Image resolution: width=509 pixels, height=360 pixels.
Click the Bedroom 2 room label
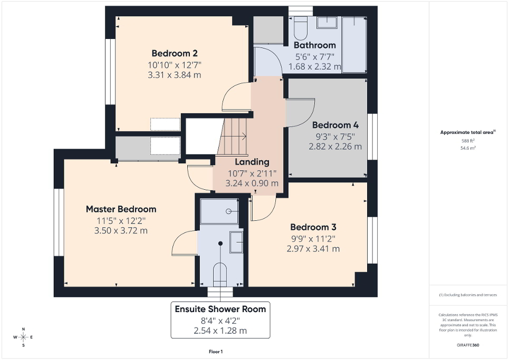pyautogui.click(x=175, y=53)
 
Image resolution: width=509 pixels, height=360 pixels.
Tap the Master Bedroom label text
pyautogui.click(x=121, y=209)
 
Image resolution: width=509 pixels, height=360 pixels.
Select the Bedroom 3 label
pyautogui.click(x=313, y=227)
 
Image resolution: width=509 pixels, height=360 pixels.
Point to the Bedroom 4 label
pyautogui.click(x=335, y=125)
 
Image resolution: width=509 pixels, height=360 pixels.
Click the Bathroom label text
pyautogui.click(x=314, y=45)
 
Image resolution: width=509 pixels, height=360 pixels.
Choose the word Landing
pyautogui.click(x=252, y=162)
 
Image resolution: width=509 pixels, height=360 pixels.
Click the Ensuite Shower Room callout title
pyautogui.click(x=220, y=309)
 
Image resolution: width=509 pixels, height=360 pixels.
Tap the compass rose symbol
pyautogui.click(x=23, y=337)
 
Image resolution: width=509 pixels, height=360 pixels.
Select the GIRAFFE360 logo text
pyautogui.click(x=468, y=345)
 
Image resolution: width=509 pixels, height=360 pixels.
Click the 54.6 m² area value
pyautogui.click(x=468, y=149)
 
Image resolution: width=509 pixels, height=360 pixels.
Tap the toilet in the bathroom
pyautogui.click(x=300, y=28)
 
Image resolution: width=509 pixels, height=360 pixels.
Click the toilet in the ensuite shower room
pyautogui.click(x=220, y=274)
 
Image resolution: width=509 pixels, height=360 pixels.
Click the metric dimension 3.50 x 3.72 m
pyautogui.click(x=121, y=230)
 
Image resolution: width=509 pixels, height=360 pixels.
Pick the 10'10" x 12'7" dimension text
pyautogui.click(x=175, y=65)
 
